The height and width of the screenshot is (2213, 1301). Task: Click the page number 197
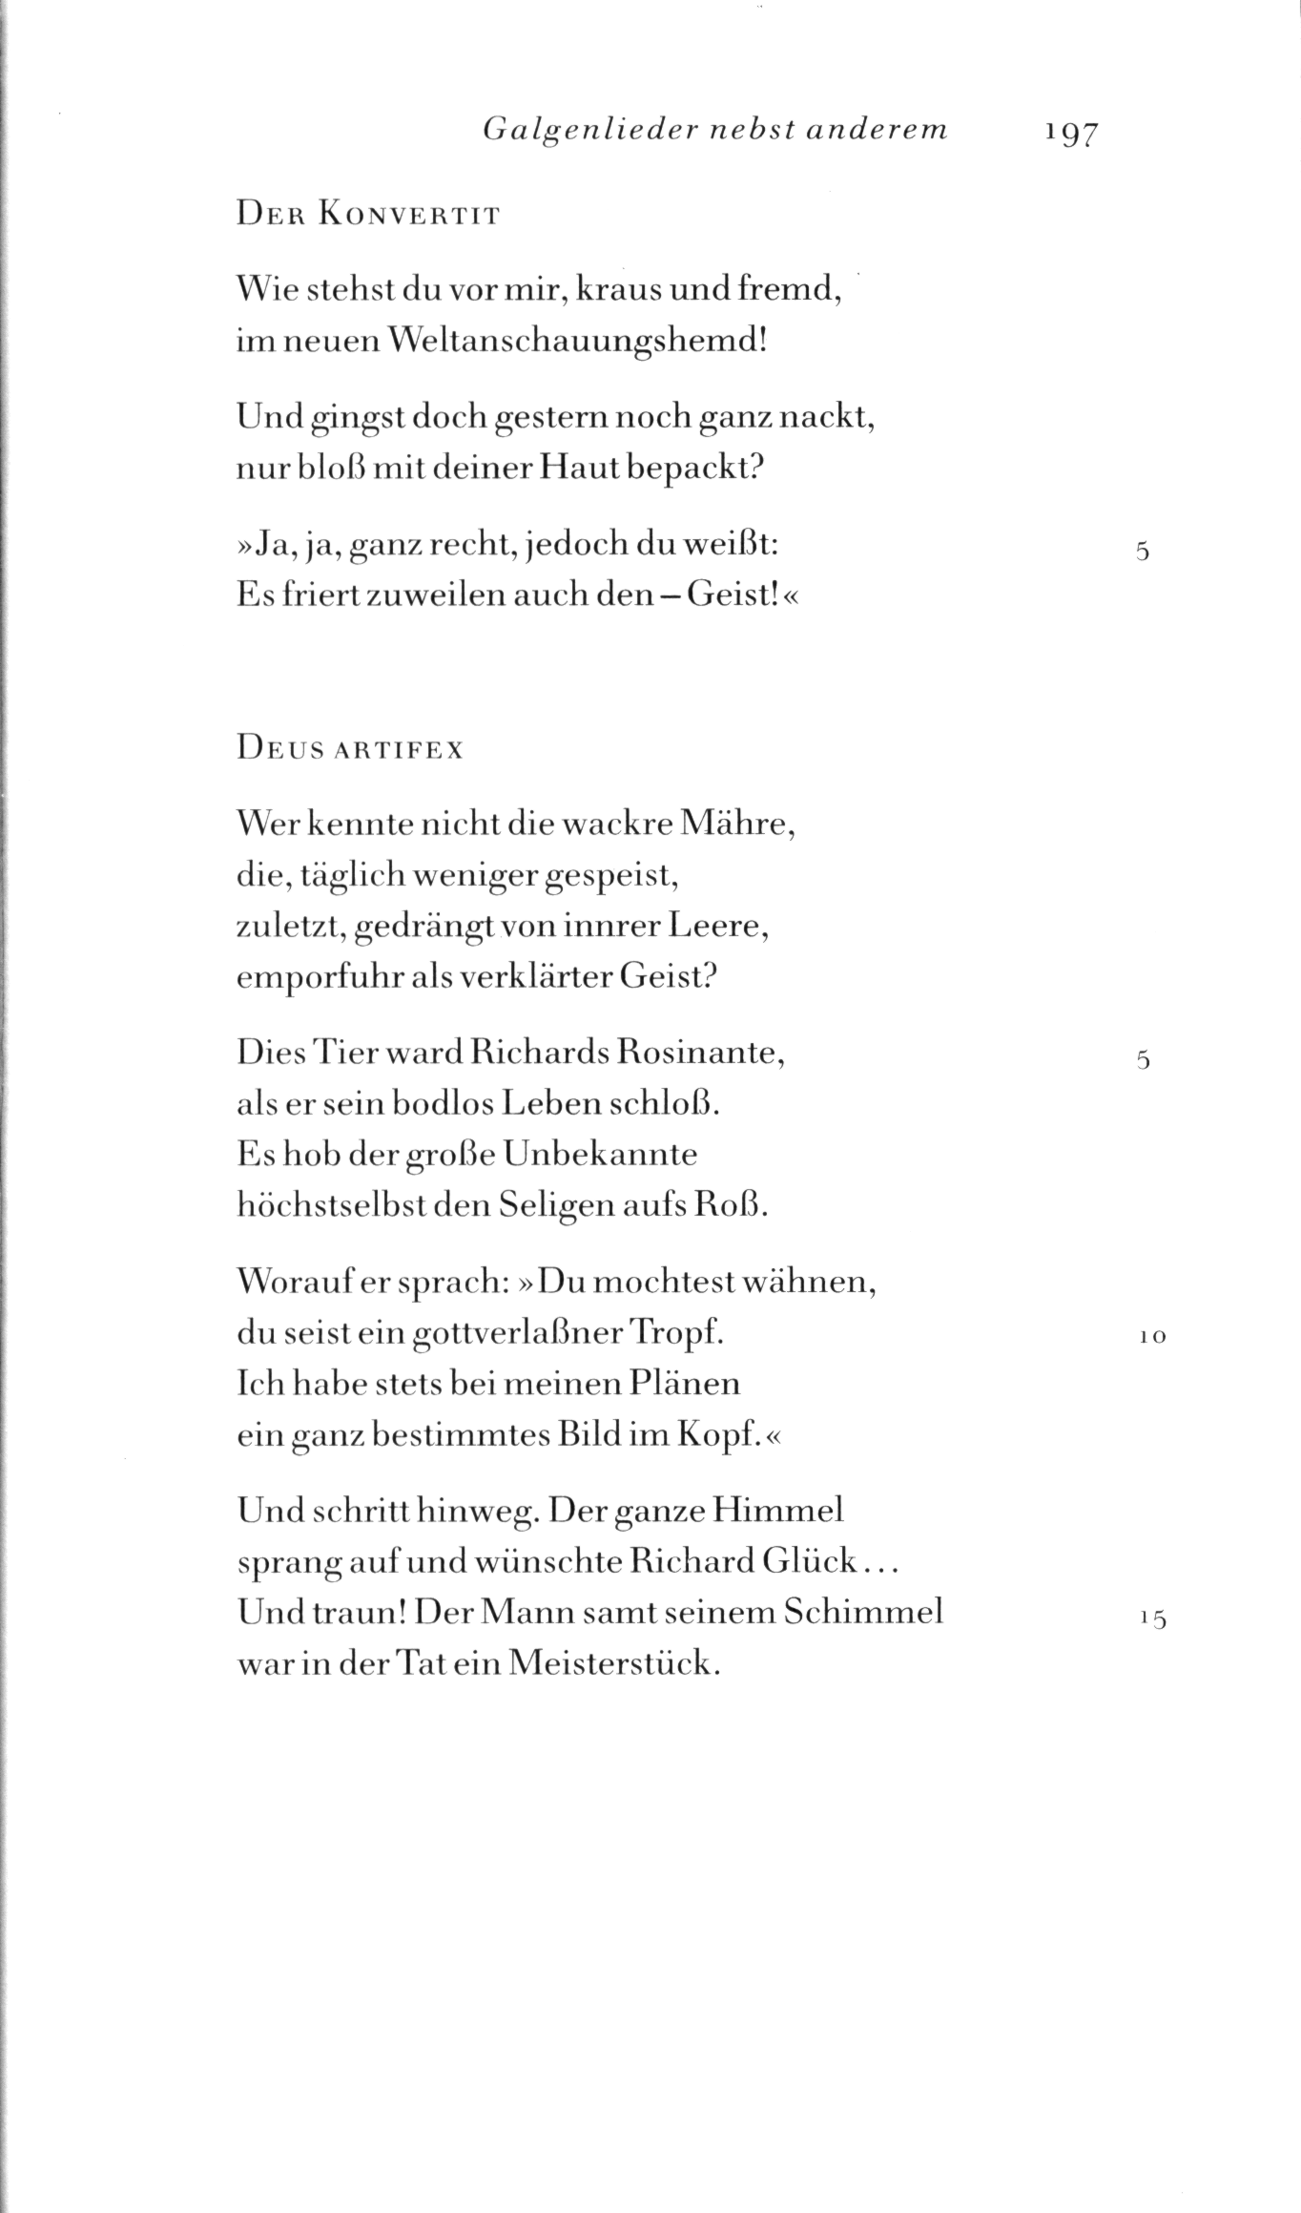(1071, 132)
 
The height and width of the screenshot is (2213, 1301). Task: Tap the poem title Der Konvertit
(367, 215)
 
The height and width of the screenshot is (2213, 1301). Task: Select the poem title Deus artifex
(349, 749)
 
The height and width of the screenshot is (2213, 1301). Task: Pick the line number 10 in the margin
(1152, 1338)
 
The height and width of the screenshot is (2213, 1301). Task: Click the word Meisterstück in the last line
(612, 1663)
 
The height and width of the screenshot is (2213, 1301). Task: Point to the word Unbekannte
(600, 1155)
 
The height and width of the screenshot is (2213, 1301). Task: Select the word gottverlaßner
(519, 1334)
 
